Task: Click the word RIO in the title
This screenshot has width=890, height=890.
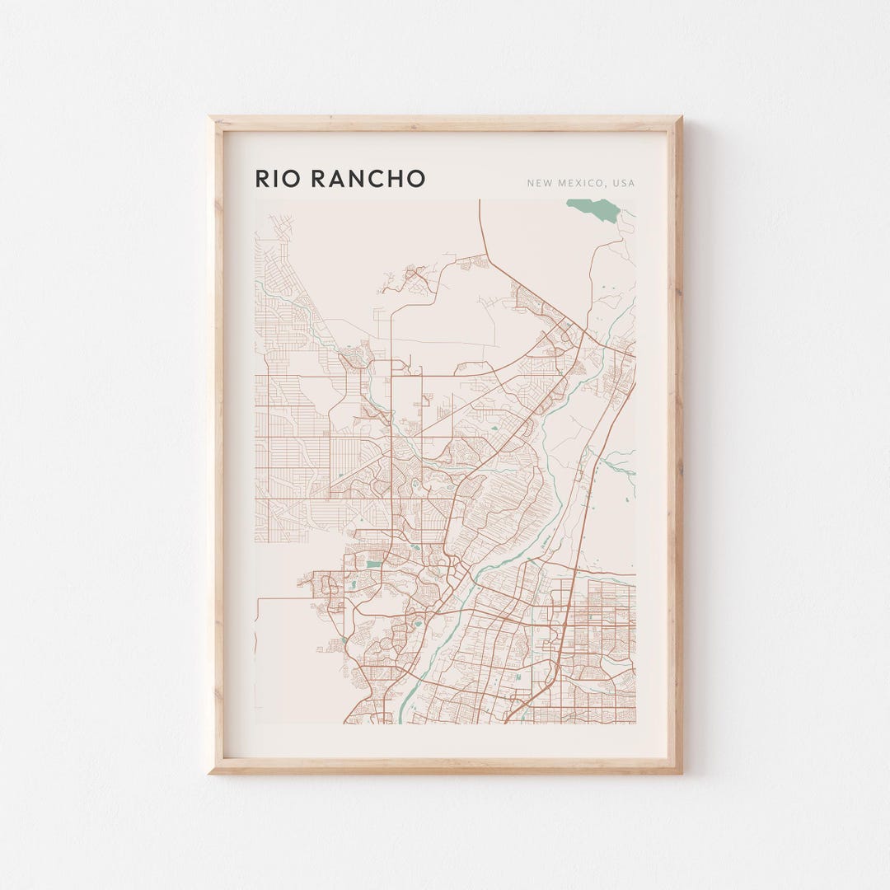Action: [278, 179]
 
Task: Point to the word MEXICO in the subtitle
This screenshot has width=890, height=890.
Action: [578, 183]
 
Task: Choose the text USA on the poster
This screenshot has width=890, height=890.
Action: [624, 183]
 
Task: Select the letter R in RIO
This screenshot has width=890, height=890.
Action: [262, 179]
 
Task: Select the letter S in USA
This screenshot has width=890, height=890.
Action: [624, 183]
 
